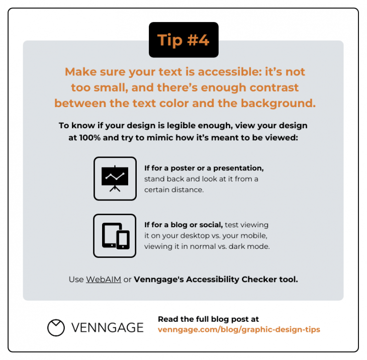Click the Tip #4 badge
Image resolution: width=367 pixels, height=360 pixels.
point(183,40)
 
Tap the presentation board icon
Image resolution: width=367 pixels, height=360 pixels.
point(115,178)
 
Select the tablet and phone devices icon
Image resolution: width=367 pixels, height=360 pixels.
point(115,236)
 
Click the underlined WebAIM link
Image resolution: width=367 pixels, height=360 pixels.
point(104,280)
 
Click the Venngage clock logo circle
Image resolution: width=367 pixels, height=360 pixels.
point(56,327)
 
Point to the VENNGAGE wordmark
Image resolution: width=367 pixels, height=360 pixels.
point(107,328)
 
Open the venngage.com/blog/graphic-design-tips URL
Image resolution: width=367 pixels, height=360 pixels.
point(239,330)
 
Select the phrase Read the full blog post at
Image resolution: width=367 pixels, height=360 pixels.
point(208,319)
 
